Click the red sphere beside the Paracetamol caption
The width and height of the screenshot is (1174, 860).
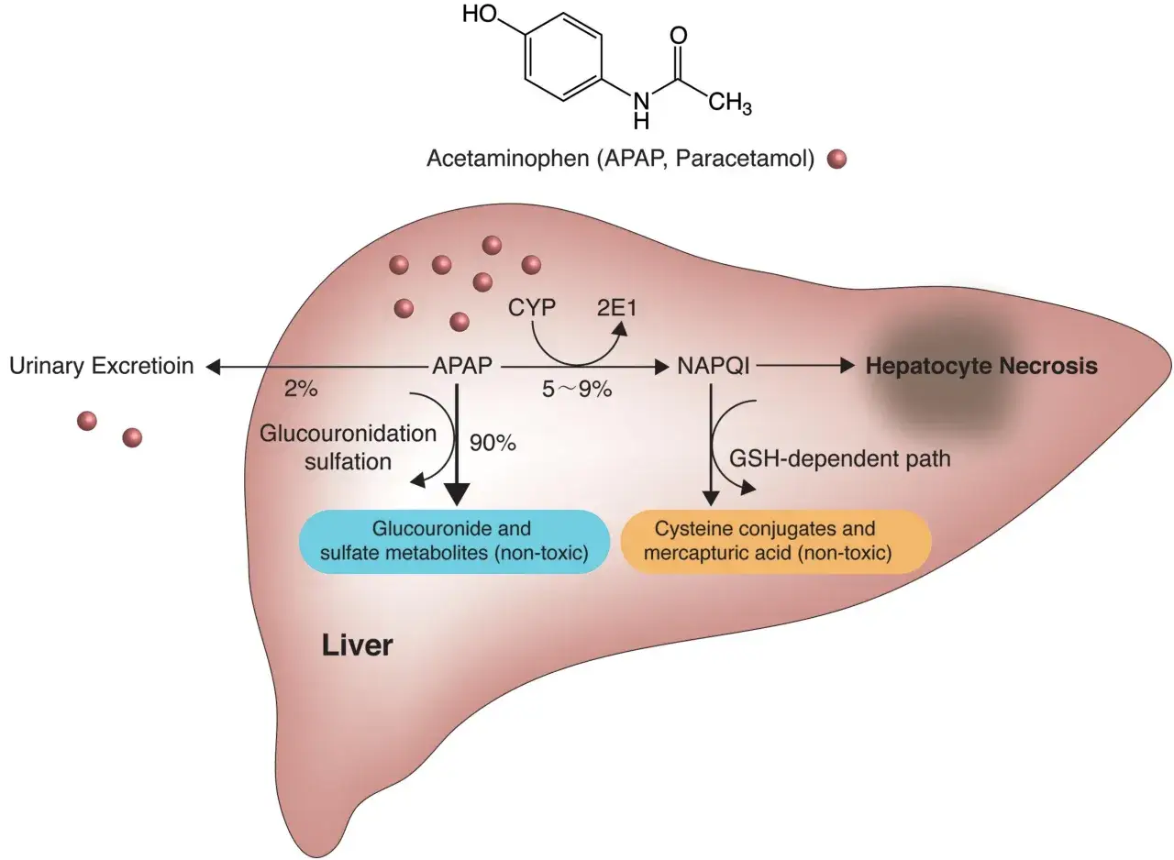pyautogui.click(x=836, y=160)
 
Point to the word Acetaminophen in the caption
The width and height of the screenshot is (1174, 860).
pyautogui.click(x=507, y=159)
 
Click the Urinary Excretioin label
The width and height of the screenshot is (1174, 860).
pyautogui.click(x=102, y=367)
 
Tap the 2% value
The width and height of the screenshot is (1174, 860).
pyautogui.click(x=301, y=390)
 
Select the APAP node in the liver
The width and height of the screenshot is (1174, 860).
pyautogui.click(x=462, y=367)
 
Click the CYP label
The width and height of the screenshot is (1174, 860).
pyautogui.click(x=532, y=307)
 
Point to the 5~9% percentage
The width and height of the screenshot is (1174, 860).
pyautogui.click(x=575, y=390)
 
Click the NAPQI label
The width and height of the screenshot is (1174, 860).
pyautogui.click(x=714, y=367)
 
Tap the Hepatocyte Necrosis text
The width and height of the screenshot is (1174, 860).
pyautogui.click(x=981, y=367)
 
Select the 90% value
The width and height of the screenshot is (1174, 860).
pyautogui.click(x=493, y=443)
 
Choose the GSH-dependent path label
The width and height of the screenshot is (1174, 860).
pyautogui.click(x=839, y=458)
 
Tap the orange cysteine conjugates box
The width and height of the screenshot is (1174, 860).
pyautogui.click(x=775, y=541)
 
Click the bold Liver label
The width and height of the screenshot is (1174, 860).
pyautogui.click(x=357, y=645)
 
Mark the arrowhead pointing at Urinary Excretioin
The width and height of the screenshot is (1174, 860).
pyautogui.click(x=213, y=368)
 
